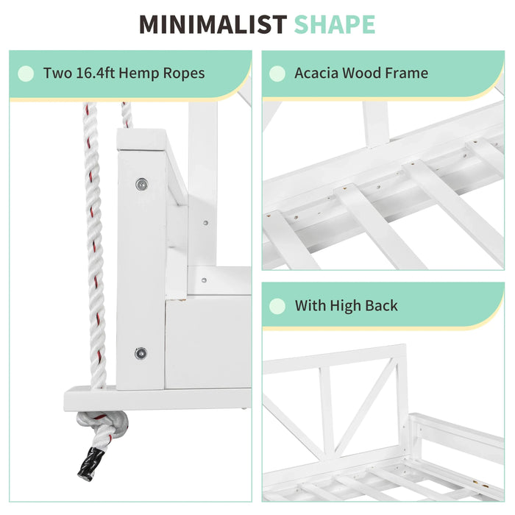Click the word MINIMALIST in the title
tap(213, 24)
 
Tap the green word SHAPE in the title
tap(334, 24)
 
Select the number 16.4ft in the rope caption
tap(95, 73)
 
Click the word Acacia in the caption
tap(316, 73)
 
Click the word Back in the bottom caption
tap(381, 305)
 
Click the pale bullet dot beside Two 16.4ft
tap(26, 74)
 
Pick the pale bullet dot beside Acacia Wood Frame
tap(277, 74)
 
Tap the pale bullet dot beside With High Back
tap(277, 306)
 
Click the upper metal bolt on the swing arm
tap(141, 185)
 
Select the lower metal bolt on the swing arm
tap(141, 353)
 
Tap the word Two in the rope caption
tap(57, 73)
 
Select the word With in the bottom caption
tap(310, 305)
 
